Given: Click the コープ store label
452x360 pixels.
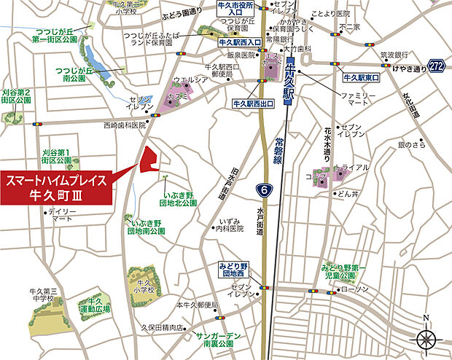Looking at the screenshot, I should pyautogui.click(x=316, y=176).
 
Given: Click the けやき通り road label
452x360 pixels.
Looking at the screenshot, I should pyautogui.click(x=406, y=69).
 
